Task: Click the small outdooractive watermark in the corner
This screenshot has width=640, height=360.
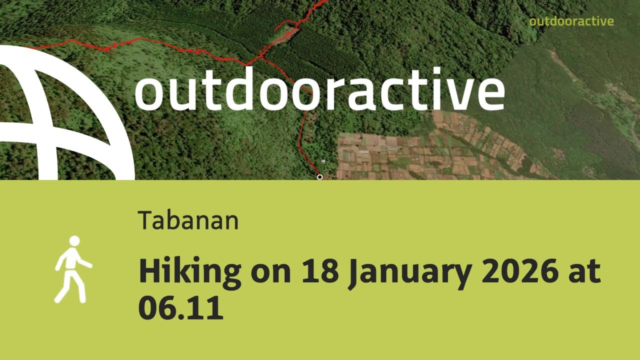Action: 571,21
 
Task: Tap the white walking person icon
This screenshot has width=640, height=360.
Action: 72,269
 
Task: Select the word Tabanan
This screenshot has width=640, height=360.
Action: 188,220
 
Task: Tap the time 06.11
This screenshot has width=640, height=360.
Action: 180,308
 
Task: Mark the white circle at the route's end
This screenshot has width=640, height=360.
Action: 319,177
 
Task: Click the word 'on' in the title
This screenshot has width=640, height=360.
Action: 272,274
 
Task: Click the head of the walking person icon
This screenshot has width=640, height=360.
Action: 74,241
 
